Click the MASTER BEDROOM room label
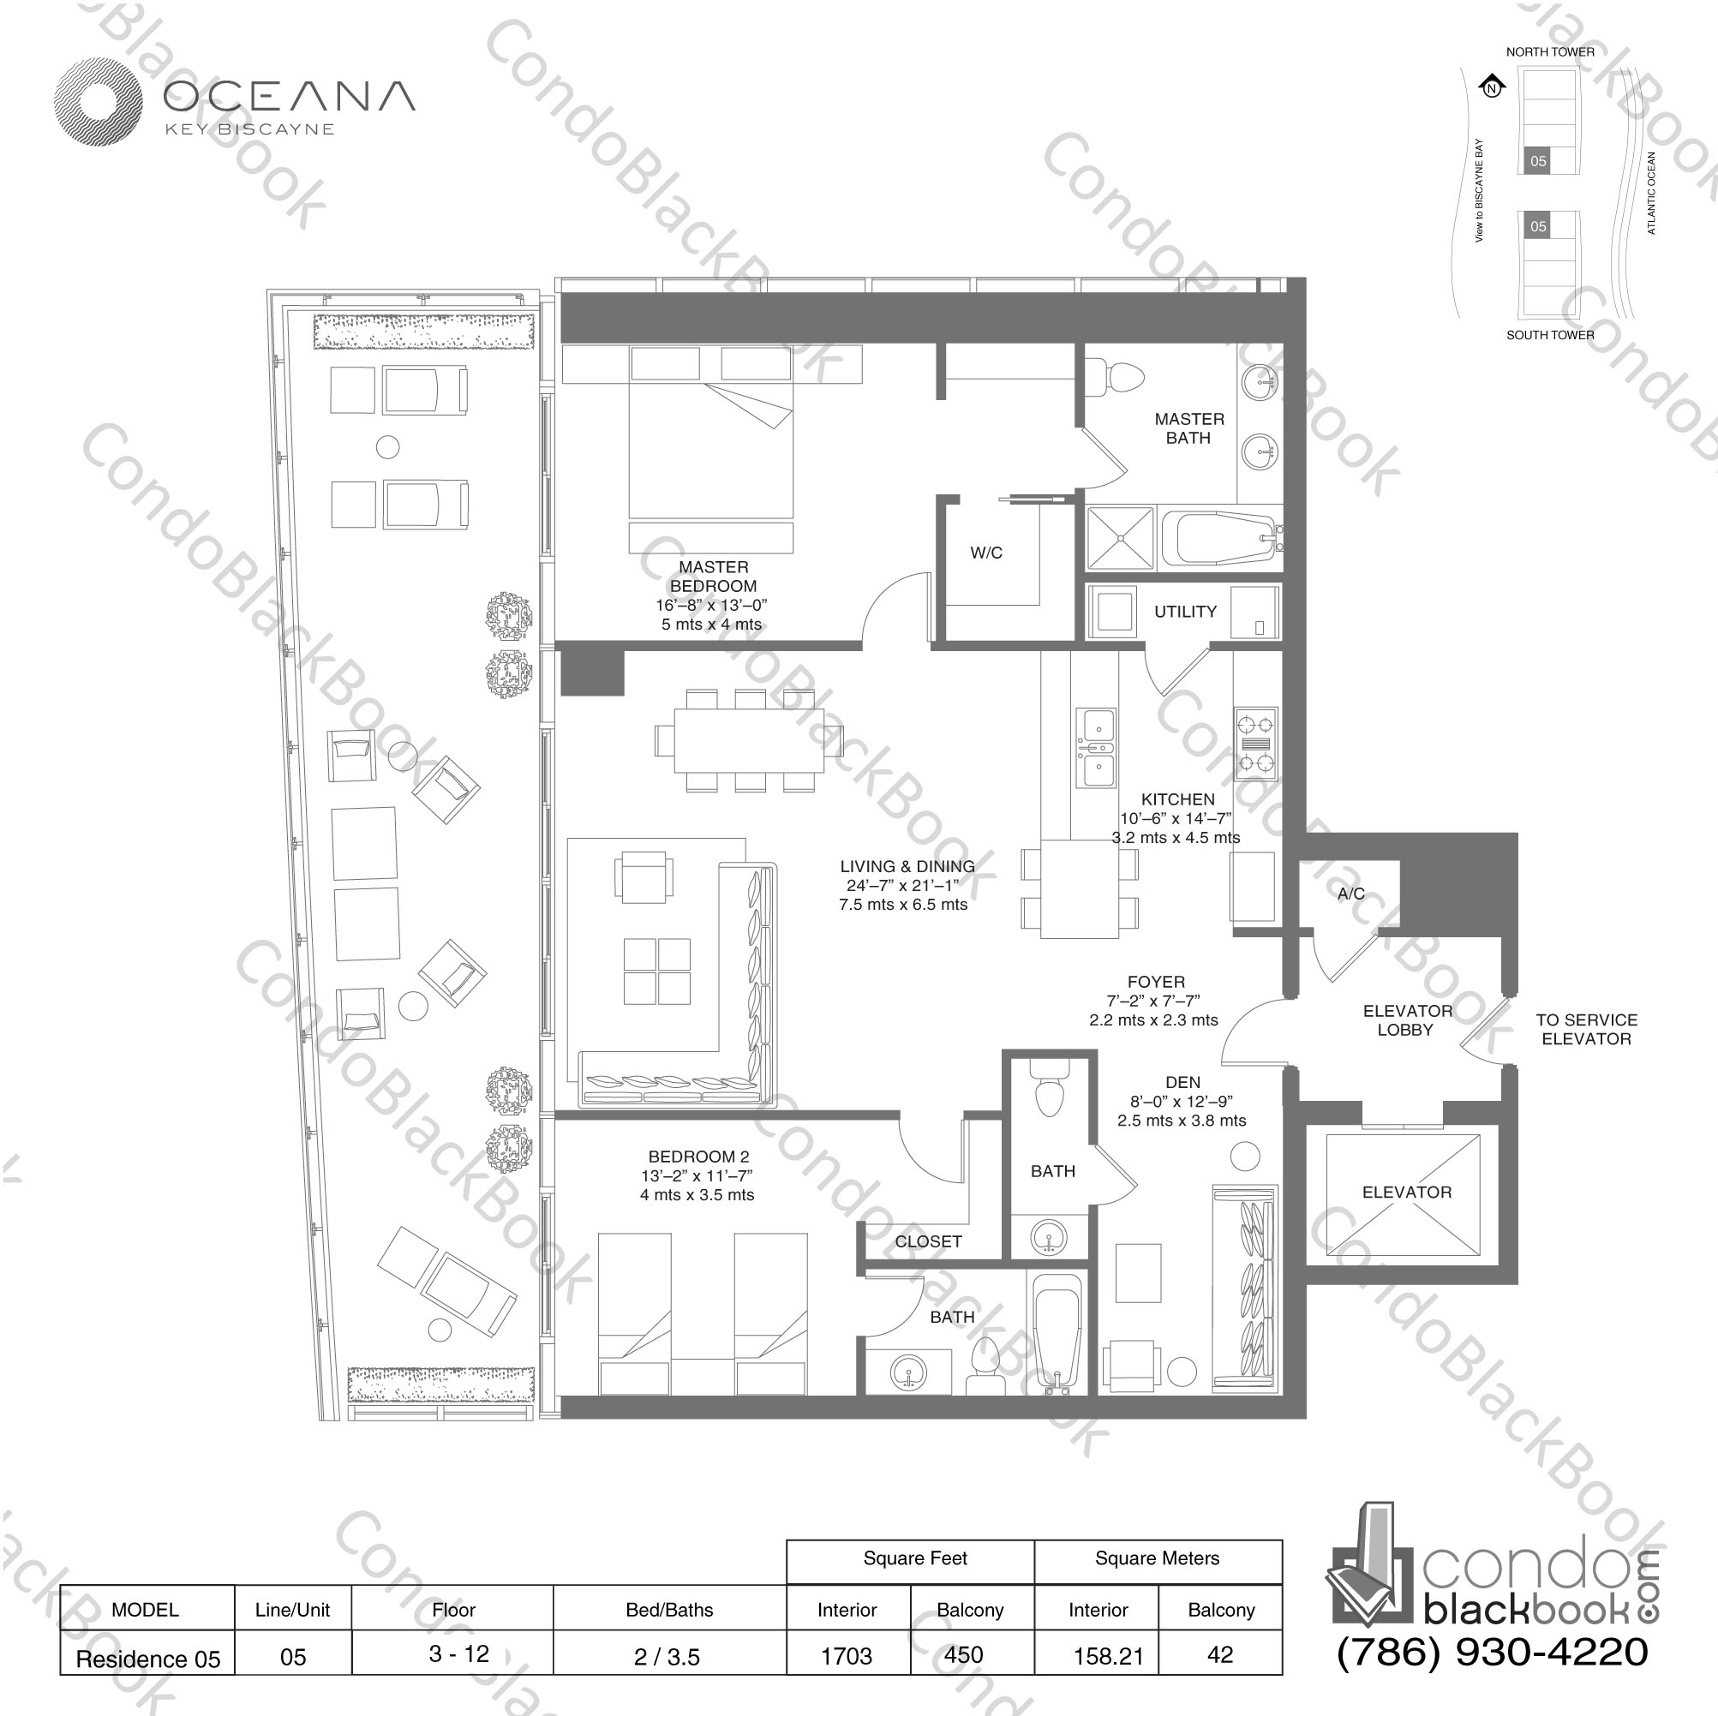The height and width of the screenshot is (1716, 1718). pos(713,577)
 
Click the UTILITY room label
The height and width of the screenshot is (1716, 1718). pos(1184,612)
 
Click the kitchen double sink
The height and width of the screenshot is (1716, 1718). pos(1096,748)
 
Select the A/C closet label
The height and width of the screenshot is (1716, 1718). pos(1350,894)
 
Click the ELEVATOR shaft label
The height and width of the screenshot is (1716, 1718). pos(1406,1193)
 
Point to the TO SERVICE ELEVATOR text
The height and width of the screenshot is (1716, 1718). pos(1585,1030)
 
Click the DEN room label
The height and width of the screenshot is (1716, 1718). pos(1182,1082)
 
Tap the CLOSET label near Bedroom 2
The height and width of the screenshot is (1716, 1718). pos(927,1241)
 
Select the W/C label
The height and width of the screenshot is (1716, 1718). pos(986,552)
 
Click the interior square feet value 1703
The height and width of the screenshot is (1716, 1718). pos(846,1655)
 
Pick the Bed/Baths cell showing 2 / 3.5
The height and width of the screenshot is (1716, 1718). pos(667,1656)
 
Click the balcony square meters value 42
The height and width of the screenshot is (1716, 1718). pos(1220,1654)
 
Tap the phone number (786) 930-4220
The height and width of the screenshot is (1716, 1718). pos(1492,1652)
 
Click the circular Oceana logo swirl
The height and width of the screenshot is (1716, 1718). pos(98,102)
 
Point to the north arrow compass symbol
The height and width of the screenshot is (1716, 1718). pos(1492,87)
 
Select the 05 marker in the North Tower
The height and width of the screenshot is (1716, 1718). pos(1537,161)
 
